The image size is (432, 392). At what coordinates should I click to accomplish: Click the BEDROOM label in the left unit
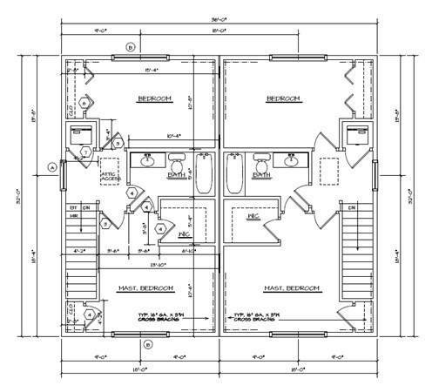(155, 98)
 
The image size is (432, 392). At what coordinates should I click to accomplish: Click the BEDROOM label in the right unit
(284, 98)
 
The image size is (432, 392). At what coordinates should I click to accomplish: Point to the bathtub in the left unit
(204, 173)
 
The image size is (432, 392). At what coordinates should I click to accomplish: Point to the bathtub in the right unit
(233, 173)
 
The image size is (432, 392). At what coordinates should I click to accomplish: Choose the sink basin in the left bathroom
(148, 161)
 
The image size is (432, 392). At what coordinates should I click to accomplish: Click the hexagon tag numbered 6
(84, 103)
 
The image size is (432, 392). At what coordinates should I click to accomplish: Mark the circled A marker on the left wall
(51, 166)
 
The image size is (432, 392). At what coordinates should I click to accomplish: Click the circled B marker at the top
(131, 47)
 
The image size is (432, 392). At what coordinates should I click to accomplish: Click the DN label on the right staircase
(352, 208)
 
